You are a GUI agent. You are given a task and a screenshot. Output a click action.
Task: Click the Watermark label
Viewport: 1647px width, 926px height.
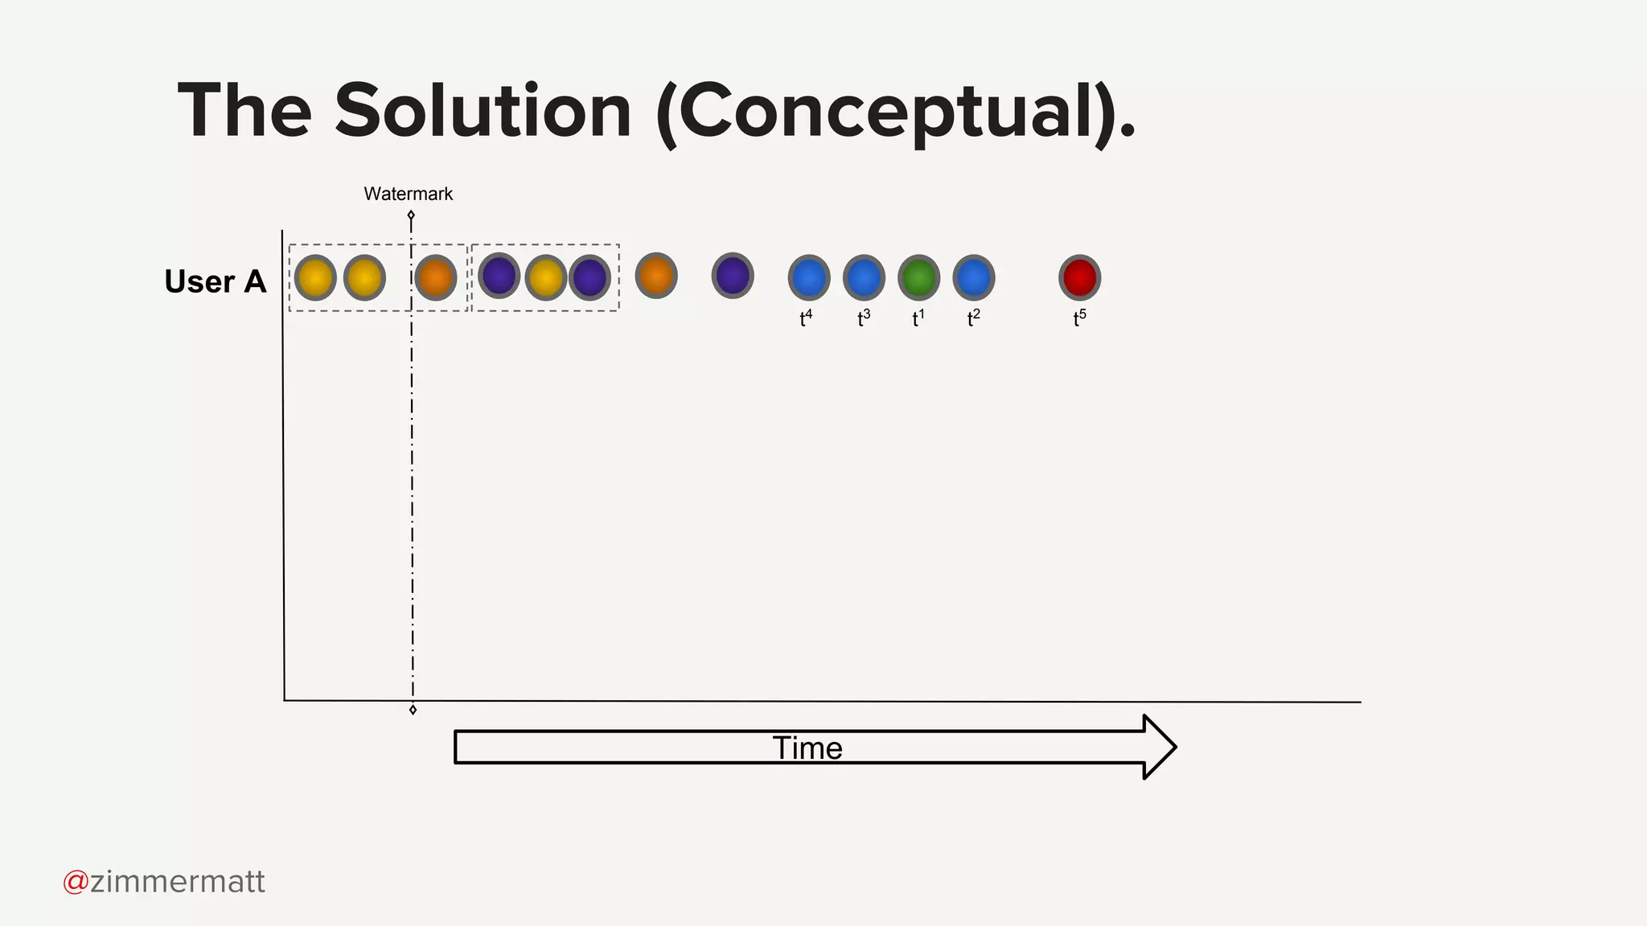(x=408, y=194)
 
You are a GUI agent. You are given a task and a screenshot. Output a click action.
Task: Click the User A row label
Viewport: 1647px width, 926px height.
(x=215, y=281)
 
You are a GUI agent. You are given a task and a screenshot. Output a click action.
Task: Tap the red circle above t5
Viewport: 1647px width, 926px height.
(x=1079, y=277)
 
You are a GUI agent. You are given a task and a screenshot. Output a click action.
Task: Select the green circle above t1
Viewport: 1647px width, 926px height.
(x=918, y=277)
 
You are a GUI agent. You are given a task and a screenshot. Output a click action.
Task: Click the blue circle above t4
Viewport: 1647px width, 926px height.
(x=809, y=277)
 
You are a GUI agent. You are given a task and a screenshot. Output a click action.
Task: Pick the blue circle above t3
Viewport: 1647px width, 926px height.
(x=864, y=277)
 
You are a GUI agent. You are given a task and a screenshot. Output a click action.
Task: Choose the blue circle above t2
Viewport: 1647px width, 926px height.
(x=974, y=277)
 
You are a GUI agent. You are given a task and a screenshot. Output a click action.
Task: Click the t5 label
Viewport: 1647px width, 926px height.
(x=1079, y=318)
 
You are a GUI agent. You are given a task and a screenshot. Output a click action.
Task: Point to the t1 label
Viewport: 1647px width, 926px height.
(x=918, y=318)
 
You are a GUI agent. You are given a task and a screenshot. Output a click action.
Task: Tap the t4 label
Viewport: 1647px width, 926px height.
(x=806, y=318)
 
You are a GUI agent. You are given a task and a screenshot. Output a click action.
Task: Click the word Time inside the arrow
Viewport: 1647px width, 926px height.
(x=807, y=748)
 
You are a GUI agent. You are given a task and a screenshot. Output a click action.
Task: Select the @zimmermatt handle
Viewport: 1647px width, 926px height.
(x=164, y=882)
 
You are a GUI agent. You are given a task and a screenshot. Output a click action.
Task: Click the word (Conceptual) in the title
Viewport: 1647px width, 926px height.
(x=885, y=113)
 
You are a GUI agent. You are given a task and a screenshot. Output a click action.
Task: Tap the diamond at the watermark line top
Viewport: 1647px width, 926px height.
(x=411, y=215)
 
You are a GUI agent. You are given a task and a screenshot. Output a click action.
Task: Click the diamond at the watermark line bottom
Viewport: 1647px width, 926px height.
(x=413, y=710)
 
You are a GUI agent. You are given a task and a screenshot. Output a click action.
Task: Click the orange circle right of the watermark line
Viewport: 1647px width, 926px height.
(x=436, y=277)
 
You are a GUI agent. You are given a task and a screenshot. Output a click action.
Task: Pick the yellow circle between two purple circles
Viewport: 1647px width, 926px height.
(x=546, y=277)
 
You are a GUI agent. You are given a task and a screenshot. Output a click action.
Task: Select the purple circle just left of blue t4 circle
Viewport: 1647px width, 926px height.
(x=733, y=276)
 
